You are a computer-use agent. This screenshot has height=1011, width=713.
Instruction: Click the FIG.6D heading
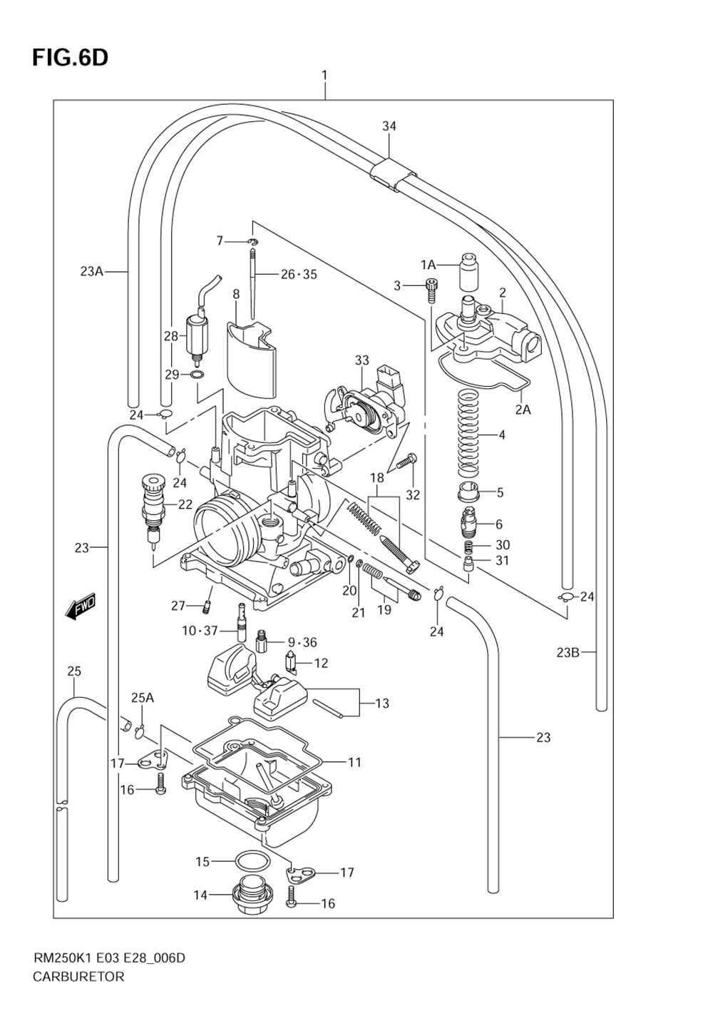coord(70,58)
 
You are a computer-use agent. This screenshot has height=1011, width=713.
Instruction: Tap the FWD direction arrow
coord(80,606)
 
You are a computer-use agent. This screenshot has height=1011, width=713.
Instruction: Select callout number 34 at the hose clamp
coord(389,126)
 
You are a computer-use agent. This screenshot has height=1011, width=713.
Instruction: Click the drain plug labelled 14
coord(249,895)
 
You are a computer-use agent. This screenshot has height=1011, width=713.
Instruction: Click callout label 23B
coord(568,652)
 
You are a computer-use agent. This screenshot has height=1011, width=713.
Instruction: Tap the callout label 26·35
coord(299,274)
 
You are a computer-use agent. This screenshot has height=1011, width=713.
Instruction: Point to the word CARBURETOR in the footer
coord(78,977)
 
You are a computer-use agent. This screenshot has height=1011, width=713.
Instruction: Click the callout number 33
coord(362,361)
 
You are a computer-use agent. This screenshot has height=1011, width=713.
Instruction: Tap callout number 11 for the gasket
coord(354,762)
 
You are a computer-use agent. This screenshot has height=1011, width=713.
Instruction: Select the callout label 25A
coord(142,697)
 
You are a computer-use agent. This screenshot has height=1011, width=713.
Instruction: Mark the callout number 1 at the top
coord(324,75)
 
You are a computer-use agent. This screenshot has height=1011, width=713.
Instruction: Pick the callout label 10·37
coord(199,631)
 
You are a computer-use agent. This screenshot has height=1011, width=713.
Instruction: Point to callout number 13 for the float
coord(382,703)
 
